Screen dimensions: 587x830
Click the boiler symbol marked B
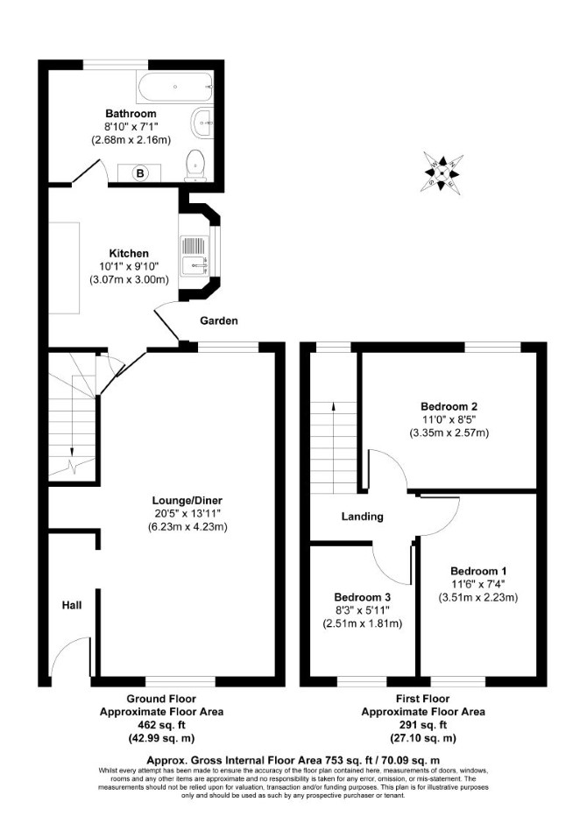[x=140, y=172]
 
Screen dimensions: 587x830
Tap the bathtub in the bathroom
[x=175, y=88]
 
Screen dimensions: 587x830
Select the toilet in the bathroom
[x=195, y=165]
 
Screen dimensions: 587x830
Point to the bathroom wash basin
[x=202, y=123]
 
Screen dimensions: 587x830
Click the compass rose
[x=442, y=172]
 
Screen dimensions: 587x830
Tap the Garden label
[x=219, y=320]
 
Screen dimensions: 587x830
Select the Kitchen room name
[x=129, y=253]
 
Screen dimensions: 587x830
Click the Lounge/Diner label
[x=187, y=500]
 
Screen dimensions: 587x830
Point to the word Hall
[x=72, y=604]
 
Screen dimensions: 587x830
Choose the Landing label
[x=362, y=516]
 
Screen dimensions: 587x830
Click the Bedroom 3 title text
[x=363, y=597]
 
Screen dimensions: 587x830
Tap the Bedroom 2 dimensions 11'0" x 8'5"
[x=449, y=419]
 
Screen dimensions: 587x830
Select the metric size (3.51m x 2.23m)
[x=477, y=598]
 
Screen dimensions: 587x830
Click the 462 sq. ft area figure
[x=161, y=725]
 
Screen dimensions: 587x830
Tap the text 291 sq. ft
[x=423, y=725]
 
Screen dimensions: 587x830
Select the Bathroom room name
[x=131, y=113]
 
